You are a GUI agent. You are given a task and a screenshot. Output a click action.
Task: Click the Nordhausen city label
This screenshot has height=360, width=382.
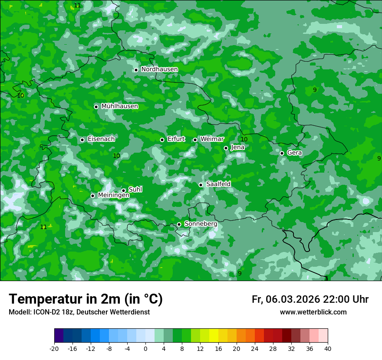159,69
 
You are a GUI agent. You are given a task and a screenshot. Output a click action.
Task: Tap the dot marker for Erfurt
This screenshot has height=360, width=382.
162,140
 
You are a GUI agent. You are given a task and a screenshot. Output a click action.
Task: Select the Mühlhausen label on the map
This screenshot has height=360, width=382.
119,106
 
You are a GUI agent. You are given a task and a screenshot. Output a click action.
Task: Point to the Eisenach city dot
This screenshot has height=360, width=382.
82,140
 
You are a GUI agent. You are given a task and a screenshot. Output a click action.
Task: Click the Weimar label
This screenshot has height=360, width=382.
212,139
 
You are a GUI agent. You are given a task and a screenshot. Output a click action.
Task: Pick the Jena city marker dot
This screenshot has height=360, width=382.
226,148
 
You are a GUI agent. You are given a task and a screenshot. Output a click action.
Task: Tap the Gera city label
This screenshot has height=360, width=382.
294,153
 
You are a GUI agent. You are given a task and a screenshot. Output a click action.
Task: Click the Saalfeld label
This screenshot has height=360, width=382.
218,184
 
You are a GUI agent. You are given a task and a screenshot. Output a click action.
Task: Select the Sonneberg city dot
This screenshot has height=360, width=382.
179,224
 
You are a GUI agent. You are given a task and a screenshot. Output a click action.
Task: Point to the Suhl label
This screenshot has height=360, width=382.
135,190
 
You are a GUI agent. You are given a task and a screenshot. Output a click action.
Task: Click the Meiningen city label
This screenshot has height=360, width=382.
113,196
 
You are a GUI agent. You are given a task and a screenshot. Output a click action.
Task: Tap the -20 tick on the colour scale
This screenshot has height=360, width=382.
54,348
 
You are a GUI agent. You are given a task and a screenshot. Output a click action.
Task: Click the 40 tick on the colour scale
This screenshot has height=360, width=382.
328,348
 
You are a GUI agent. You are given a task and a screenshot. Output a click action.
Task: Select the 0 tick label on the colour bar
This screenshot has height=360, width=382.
145,348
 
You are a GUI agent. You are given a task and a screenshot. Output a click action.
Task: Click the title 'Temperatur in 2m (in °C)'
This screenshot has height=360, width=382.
86,299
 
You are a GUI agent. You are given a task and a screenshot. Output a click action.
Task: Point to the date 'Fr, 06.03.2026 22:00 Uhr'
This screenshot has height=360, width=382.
310,299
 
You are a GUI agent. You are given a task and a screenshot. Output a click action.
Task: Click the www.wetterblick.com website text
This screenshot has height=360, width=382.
313,312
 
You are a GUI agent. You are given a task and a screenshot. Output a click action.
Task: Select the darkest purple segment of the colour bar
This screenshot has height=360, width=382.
59,336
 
